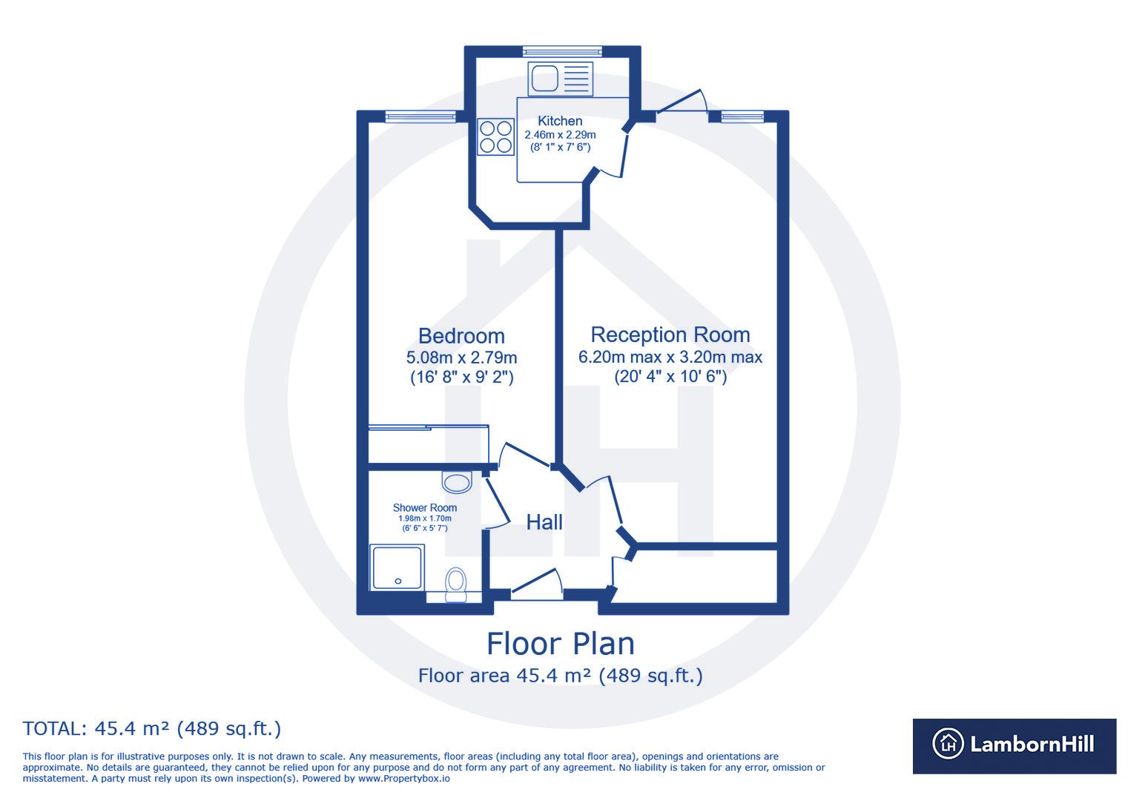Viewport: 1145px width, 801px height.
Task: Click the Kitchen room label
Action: [560, 121]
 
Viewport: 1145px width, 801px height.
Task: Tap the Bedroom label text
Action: [461, 337]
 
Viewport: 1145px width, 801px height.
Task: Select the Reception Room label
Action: [670, 334]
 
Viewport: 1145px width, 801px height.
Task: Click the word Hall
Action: [544, 522]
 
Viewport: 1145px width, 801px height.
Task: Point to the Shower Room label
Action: [425, 508]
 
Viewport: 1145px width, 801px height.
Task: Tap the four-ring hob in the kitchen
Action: [496, 136]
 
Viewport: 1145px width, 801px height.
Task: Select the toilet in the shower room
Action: [456, 584]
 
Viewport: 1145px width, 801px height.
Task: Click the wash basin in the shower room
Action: [457, 482]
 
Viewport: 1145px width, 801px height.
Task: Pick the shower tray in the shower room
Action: [396, 568]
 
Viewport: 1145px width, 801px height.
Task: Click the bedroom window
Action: [420, 116]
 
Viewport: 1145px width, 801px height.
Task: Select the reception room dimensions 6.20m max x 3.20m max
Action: [670, 357]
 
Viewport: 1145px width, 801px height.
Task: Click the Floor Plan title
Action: [561, 644]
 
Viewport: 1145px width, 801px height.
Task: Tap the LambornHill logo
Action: [1014, 745]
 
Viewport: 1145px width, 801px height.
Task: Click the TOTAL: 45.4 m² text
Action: [152, 729]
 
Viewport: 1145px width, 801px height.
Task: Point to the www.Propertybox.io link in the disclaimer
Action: [403, 779]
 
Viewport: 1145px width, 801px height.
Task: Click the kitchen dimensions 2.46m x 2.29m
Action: [560, 135]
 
